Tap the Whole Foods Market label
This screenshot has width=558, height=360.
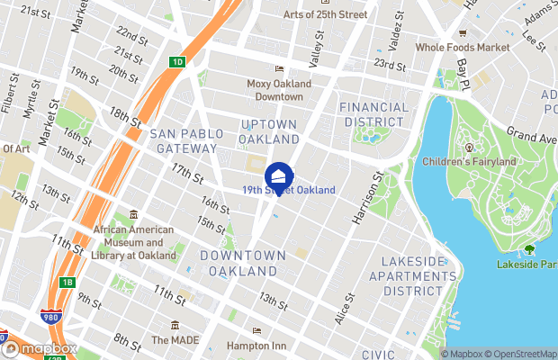tap(462, 48)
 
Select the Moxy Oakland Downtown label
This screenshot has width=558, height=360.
tap(279, 90)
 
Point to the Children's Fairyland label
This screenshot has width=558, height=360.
tap(469, 162)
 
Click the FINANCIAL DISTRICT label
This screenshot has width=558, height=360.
tap(373, 114)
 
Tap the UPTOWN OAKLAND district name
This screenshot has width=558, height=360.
tap(269, 132)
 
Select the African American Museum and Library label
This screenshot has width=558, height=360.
tap(132, 242)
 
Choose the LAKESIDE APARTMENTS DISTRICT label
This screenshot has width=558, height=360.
tap(413, 275)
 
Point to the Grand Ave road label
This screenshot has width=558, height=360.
tap(530, 134)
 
